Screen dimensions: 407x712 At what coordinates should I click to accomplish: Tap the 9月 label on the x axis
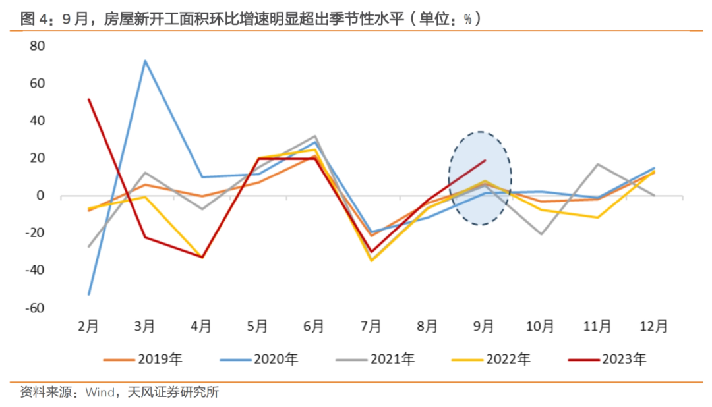tap(484, 326)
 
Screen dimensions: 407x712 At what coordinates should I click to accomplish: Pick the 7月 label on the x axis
tap(371, 326)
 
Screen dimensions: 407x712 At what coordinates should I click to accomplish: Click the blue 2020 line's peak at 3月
tap(145, 61)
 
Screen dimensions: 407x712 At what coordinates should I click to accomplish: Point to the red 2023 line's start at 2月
tap(88, 99)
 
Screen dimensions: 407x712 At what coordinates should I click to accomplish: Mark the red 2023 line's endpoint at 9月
tap(485, 160)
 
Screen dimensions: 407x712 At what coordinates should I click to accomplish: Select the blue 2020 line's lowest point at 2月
tap(88, 294)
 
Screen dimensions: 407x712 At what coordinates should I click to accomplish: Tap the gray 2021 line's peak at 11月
tap(598, 164)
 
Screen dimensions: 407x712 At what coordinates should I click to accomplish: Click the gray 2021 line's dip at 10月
tap(541, 234)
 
